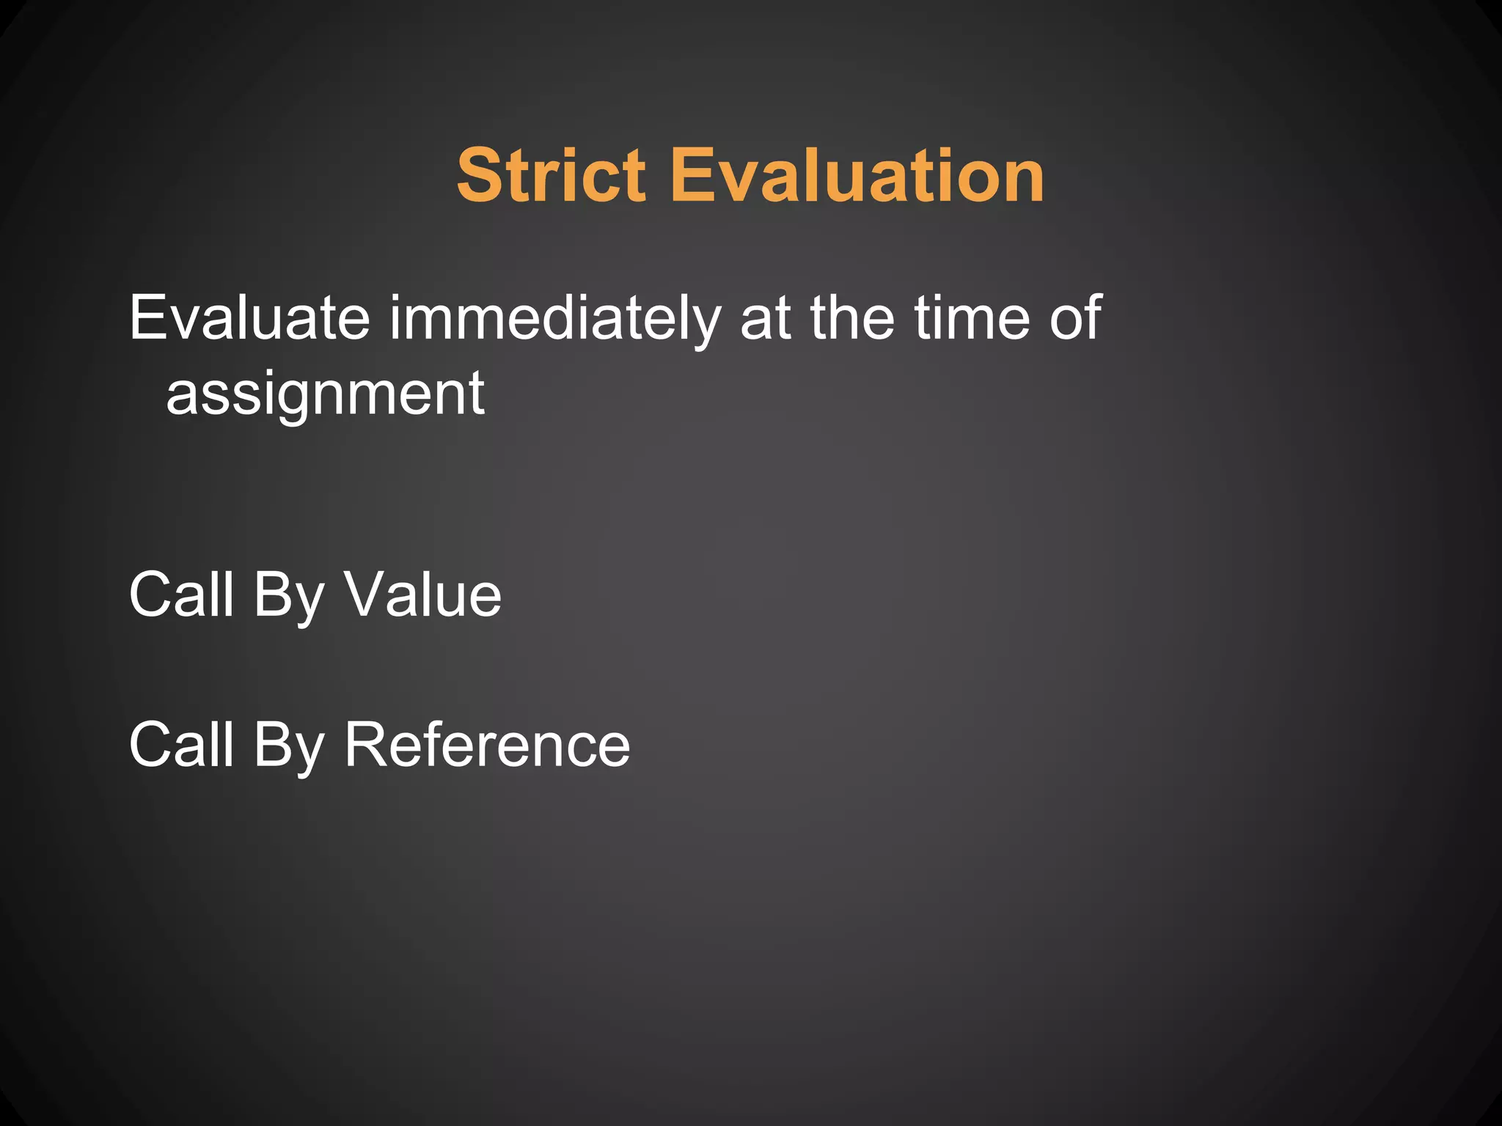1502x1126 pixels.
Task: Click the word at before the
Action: pos(766,318)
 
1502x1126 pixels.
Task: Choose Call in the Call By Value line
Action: pos(181,595)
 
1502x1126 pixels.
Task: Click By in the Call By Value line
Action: pos(288,596)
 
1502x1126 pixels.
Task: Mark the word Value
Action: pos(423,595)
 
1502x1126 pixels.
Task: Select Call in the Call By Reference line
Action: pos(181,745)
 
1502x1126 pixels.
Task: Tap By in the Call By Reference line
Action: pos(288,746)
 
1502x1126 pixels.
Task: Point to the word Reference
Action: pos(487,745)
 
